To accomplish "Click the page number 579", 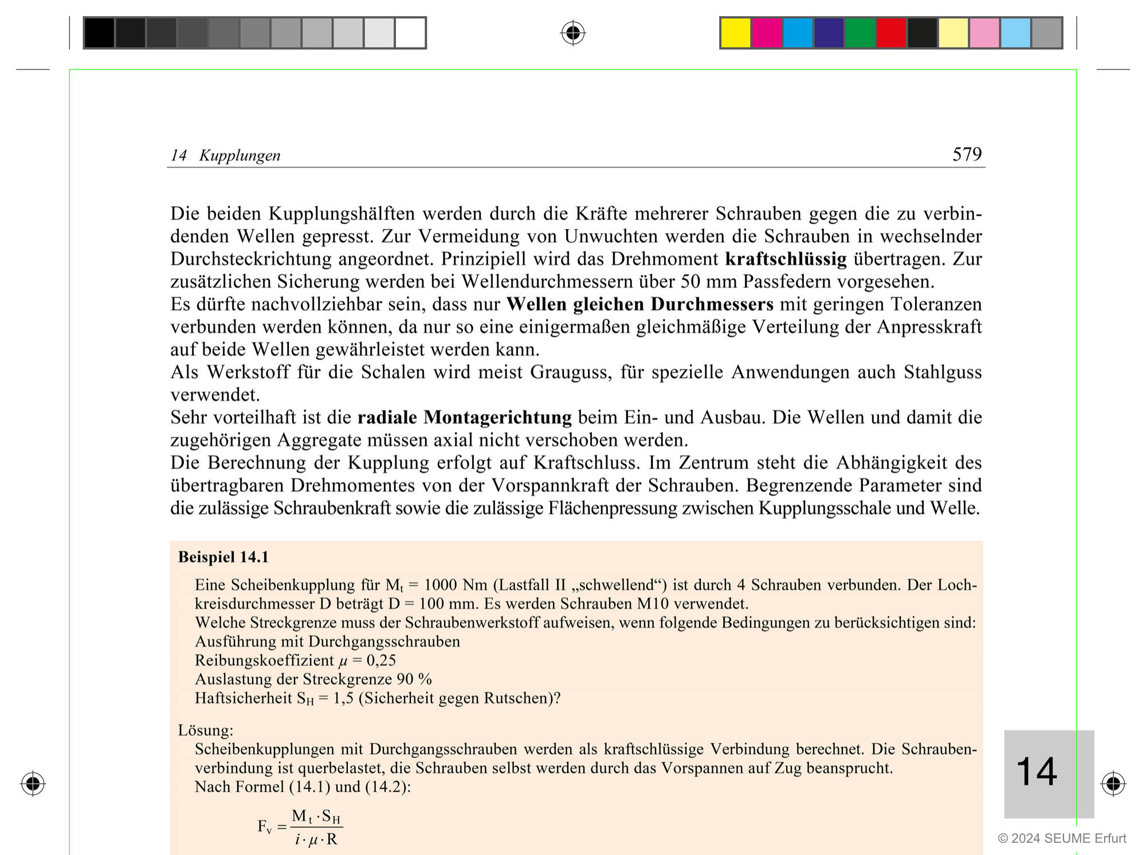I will [967, 154].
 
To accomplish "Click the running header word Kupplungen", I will [240, 156].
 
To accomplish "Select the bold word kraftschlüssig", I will [786, 259].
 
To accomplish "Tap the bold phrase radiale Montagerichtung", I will [464, 417].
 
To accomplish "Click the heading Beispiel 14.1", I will [223, 557].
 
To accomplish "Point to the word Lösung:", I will [206, 730].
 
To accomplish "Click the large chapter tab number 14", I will [1037, 772].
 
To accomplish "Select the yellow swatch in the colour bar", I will [735, 33].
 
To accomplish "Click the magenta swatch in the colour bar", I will [767, 33].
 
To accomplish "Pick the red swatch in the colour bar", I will [891, 33].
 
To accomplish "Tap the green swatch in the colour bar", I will [860, 33].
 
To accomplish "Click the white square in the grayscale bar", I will [410, 33].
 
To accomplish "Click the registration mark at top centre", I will [573, 33].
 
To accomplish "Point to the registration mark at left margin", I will [33, 783].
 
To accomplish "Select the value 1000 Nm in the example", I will [456, 585].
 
